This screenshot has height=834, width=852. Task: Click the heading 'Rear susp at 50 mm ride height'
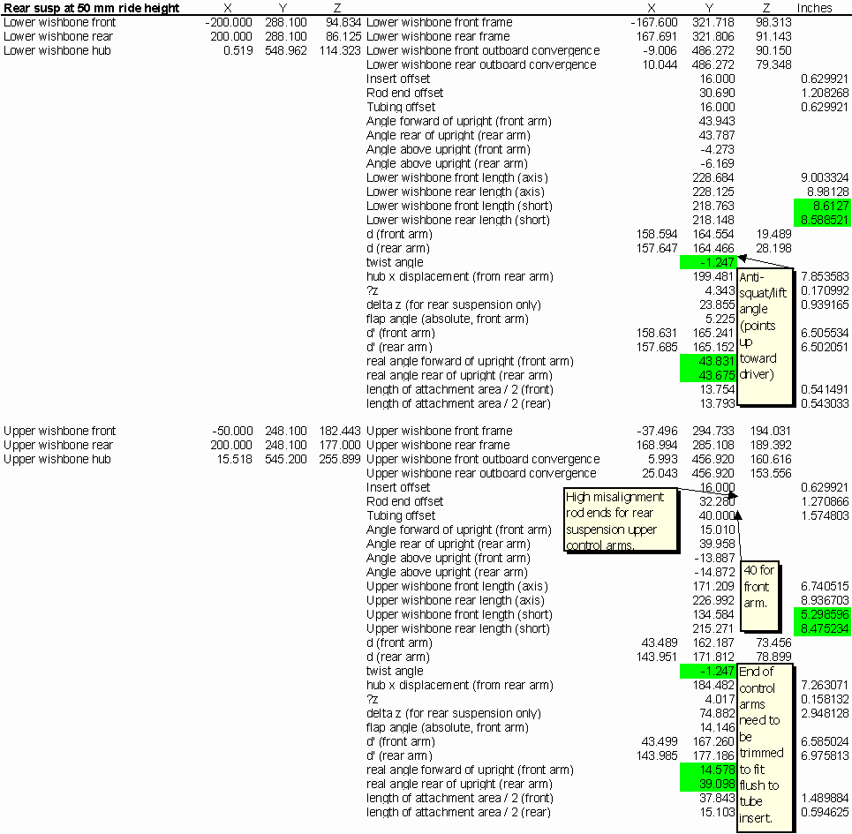92,8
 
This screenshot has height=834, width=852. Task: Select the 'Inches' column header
814,8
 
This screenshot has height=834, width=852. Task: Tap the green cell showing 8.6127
821,206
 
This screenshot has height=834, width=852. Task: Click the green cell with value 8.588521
821,220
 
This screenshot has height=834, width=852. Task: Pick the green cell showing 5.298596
821,614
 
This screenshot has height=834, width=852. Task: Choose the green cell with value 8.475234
821,628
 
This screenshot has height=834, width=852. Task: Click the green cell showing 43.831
707,361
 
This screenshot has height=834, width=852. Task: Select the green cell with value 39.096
707,784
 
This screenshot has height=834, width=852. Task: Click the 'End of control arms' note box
760,744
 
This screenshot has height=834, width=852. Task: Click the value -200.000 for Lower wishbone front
227,22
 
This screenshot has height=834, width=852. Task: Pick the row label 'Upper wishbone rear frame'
438,445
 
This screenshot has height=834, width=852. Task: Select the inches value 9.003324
825,177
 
